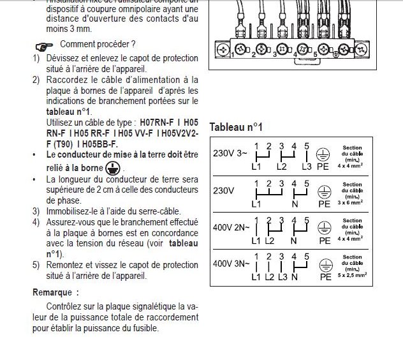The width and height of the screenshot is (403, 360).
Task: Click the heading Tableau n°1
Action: click(x=236, y=126)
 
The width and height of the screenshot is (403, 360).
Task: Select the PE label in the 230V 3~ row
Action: click(x=324, y=167)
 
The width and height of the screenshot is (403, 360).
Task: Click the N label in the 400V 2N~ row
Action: click(x=293, y=241)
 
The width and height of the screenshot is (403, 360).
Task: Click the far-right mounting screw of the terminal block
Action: click(x=349, y=49)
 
